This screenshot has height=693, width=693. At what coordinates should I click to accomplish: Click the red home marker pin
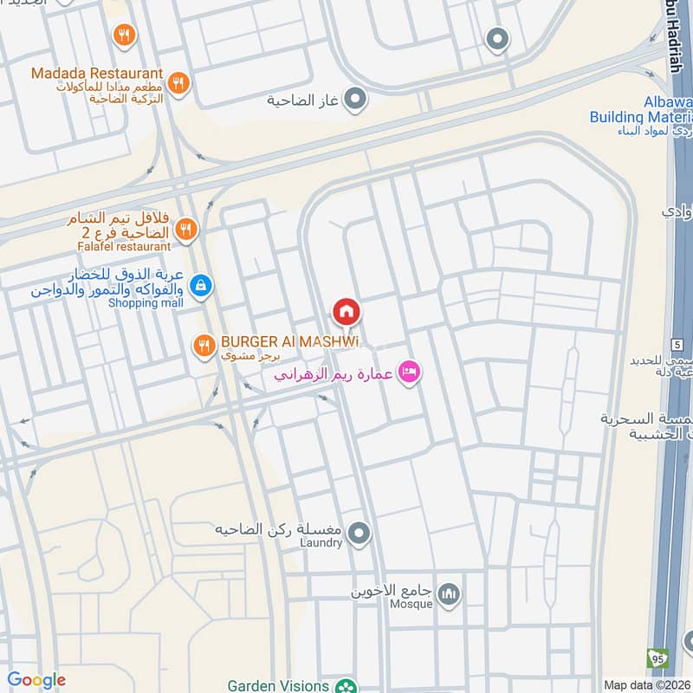click(x=346, y=312)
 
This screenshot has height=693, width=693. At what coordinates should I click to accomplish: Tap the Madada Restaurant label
click(x=97, y=74)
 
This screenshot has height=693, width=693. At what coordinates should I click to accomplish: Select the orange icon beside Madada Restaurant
click(x=178, y=82)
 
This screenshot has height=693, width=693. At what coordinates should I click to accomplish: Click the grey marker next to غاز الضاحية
click(x=354, y=100)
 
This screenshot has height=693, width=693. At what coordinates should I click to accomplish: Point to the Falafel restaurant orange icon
click(x=185, y=230)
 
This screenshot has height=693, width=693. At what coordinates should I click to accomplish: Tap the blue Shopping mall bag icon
click(x=201, y=284)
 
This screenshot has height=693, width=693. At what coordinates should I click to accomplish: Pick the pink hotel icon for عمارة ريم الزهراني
click(x=410, y=372)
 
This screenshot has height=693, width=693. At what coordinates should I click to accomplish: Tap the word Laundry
click(x=321, y=543)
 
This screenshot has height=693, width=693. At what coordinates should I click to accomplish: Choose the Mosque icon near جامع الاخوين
click(x=447, y=593)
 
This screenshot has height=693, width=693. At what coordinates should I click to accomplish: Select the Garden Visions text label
click(x=278, y=685)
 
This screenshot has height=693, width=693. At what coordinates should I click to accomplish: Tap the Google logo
click(x=36, y=680)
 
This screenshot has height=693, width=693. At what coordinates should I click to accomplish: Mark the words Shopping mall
click(x=146, y=302)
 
